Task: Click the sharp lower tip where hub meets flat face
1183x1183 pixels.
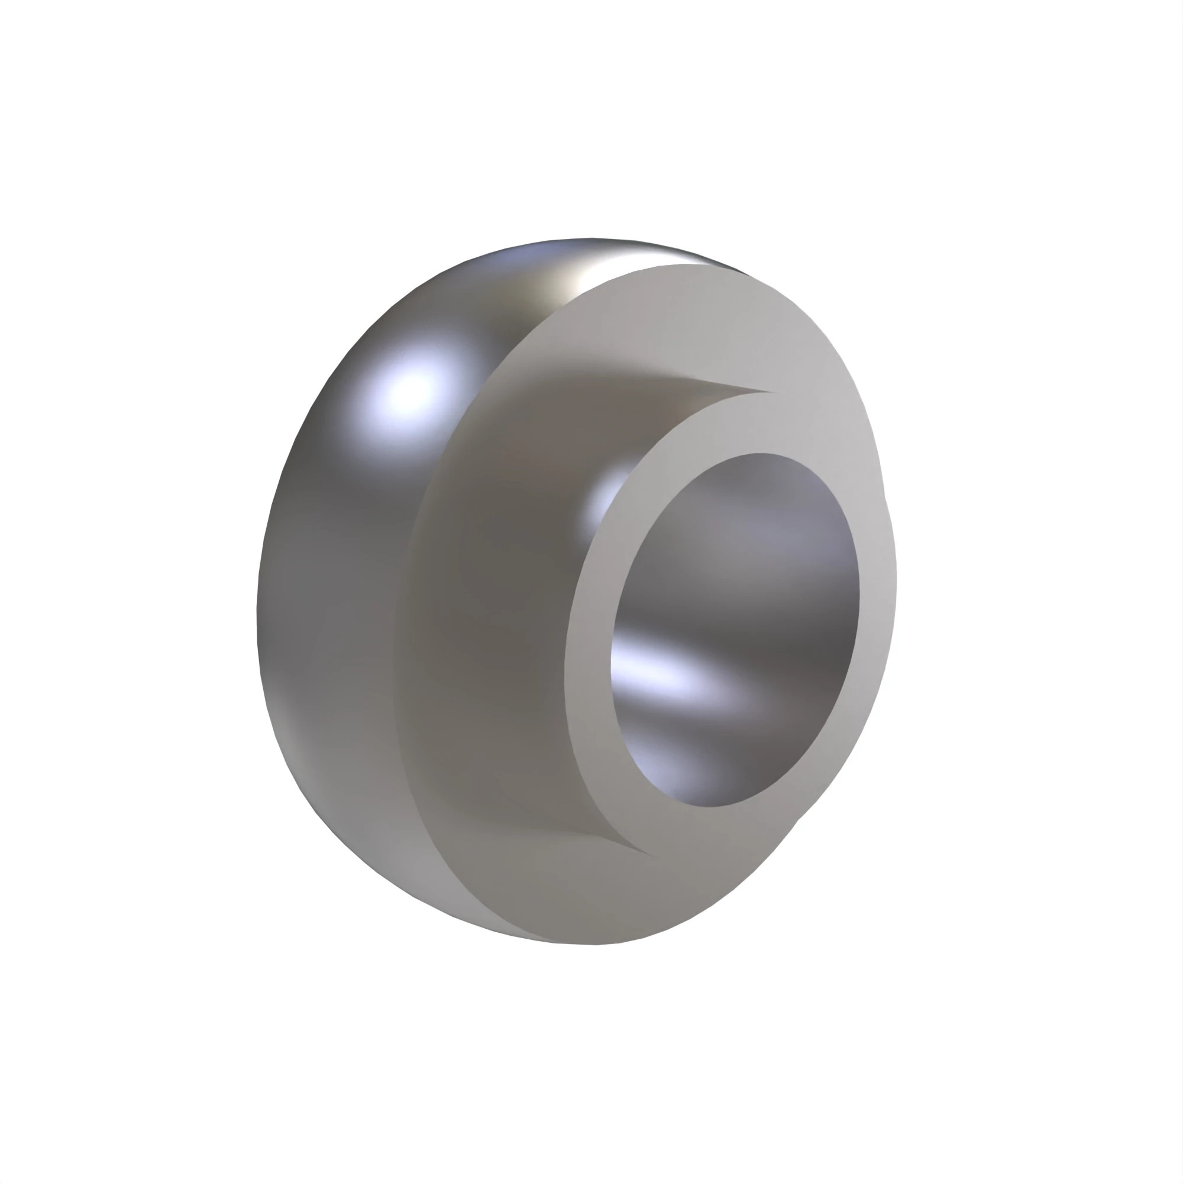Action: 649,854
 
